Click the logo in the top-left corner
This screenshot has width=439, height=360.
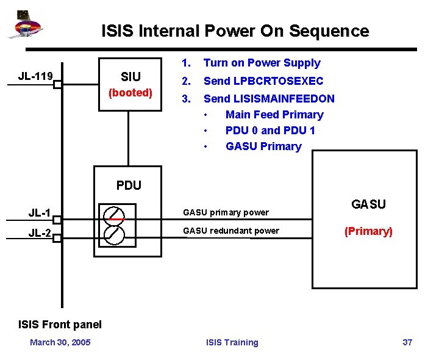pyautogui.click(x=25, y=24)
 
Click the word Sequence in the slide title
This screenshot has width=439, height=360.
pyautogui.click(x=329, y=31)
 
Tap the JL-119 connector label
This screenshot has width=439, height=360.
pyautogui.click(x=35, y=76)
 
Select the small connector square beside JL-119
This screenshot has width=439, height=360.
pyautogui.click(x=57, y=84)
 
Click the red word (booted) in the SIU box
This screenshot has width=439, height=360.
pyautogui.click(x=130, y=93)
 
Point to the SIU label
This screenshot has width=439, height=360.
pyautogui.click(x=130, y=76)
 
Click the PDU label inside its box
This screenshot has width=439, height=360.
pyautogui.click(x=129, y=185)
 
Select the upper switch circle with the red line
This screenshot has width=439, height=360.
pyautogui.click(x=114, y=217)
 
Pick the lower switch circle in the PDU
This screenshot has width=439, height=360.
pyautogui.click(x=114, y=235)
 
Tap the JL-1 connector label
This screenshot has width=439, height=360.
pyautogui.click(x=39, y=213)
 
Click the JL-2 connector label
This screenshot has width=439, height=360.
pyautogui.click(x=40, y=232)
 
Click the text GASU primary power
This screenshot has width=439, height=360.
pyautogui.click(x=226, y=212)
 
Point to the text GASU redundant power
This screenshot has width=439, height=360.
pyautogui.click(x=231, y=231)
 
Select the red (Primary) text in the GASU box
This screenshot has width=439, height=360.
pyautogui.click(x=368, y=231)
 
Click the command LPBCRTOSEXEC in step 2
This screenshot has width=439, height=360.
pyautogui.click(x=278, y=81)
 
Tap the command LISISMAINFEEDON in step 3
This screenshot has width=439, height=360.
pyautogui.click(x=284, y=99)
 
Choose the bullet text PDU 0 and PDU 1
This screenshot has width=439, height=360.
pyautogui.click(x=270, y=131)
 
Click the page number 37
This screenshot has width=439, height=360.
pyautogui.click(x=407, y=342)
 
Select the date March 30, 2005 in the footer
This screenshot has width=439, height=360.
pyautogui.click(x=60, y=342)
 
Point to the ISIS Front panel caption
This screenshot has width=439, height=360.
pyautogui.click(x=60, y=325)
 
